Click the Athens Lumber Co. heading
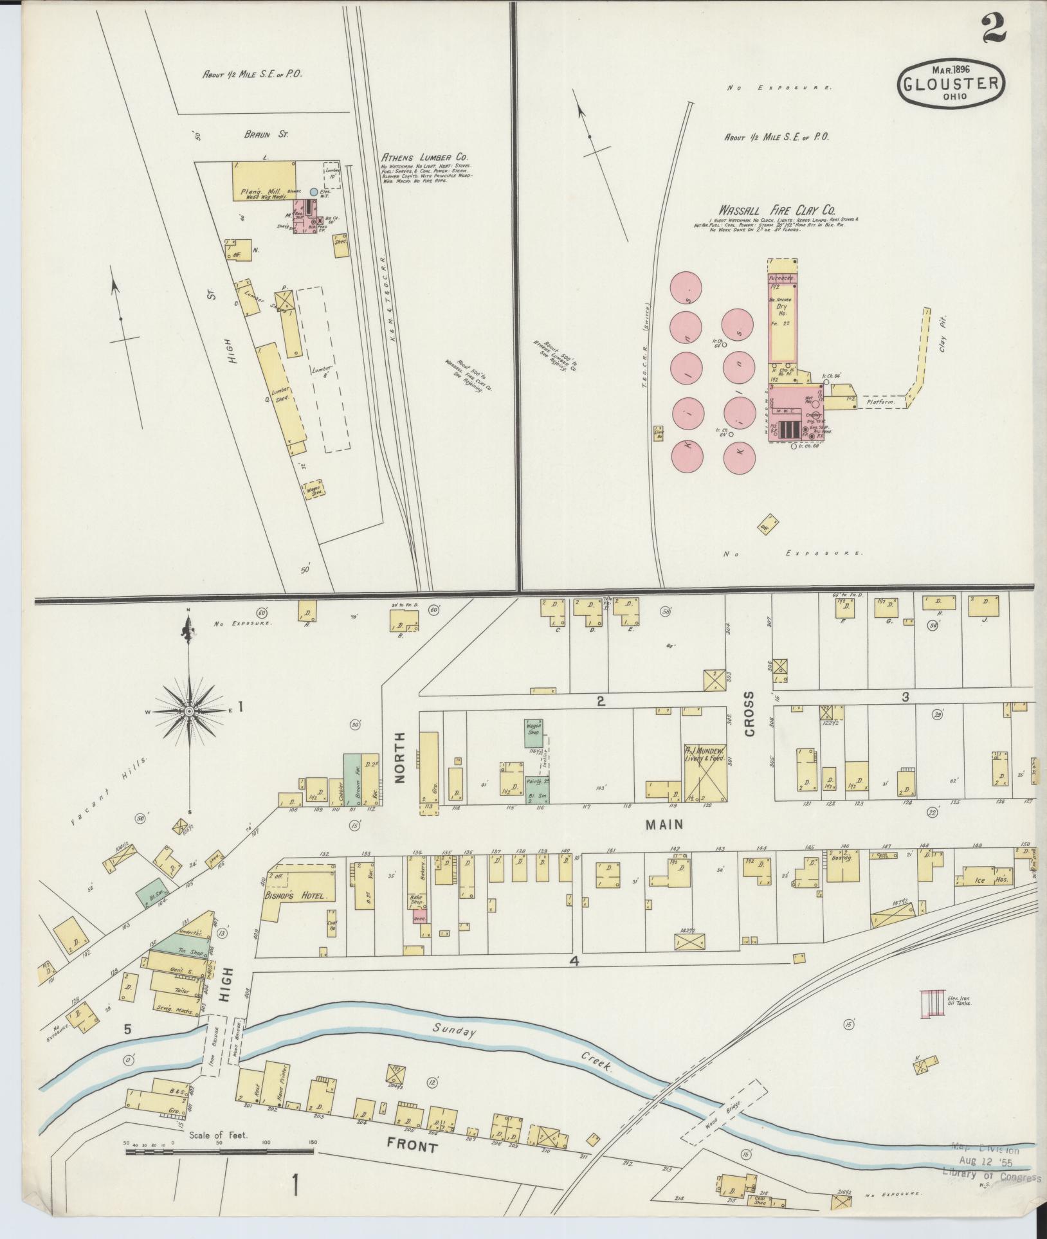coord(424,157)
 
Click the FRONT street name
coord(412,1146)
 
